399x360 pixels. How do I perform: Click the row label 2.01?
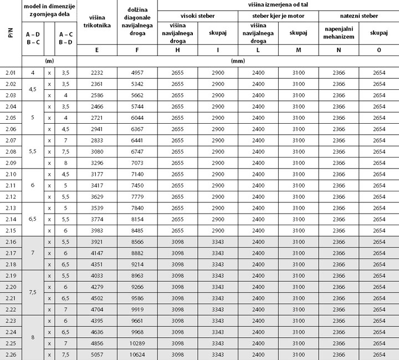coord(11,73)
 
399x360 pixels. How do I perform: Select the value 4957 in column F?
coord(137,73)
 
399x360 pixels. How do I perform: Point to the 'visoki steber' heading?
coord(198,16)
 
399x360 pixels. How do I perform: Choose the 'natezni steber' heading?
coord(359,16)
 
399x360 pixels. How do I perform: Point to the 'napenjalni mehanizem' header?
coord(339,33)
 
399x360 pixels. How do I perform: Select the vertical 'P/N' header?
coord(11,33)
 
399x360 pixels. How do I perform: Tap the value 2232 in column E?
coord(97,73)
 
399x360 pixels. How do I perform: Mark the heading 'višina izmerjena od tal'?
coord(278,4)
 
